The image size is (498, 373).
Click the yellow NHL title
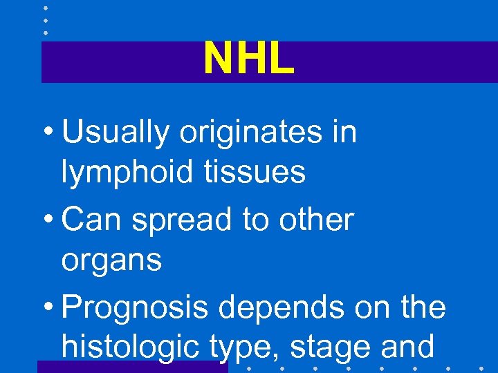click(x=248, y=59)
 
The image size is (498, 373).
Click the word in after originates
click(x=343, y=131)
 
